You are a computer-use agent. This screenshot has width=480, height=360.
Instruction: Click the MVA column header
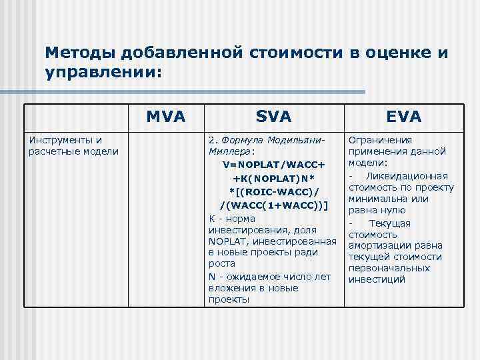click(x=165, y=117)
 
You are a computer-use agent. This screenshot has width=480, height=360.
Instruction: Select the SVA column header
click(x=273, y=117)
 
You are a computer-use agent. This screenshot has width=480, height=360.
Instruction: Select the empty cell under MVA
click(x=165, y=220)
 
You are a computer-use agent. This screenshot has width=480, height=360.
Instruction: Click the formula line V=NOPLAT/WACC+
click(x=273, y=165)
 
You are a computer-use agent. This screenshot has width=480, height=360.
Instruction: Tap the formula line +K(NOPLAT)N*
click(x=273, y=179)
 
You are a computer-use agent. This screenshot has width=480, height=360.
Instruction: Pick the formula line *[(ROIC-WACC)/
click(x=273, y=191)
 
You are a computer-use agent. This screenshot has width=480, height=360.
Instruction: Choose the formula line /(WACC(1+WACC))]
click(x=273, y=204)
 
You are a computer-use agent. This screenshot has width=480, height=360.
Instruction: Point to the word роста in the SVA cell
click(x=221, y=264)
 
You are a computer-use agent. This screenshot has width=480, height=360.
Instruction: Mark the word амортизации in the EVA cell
click(x=380, y=246)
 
